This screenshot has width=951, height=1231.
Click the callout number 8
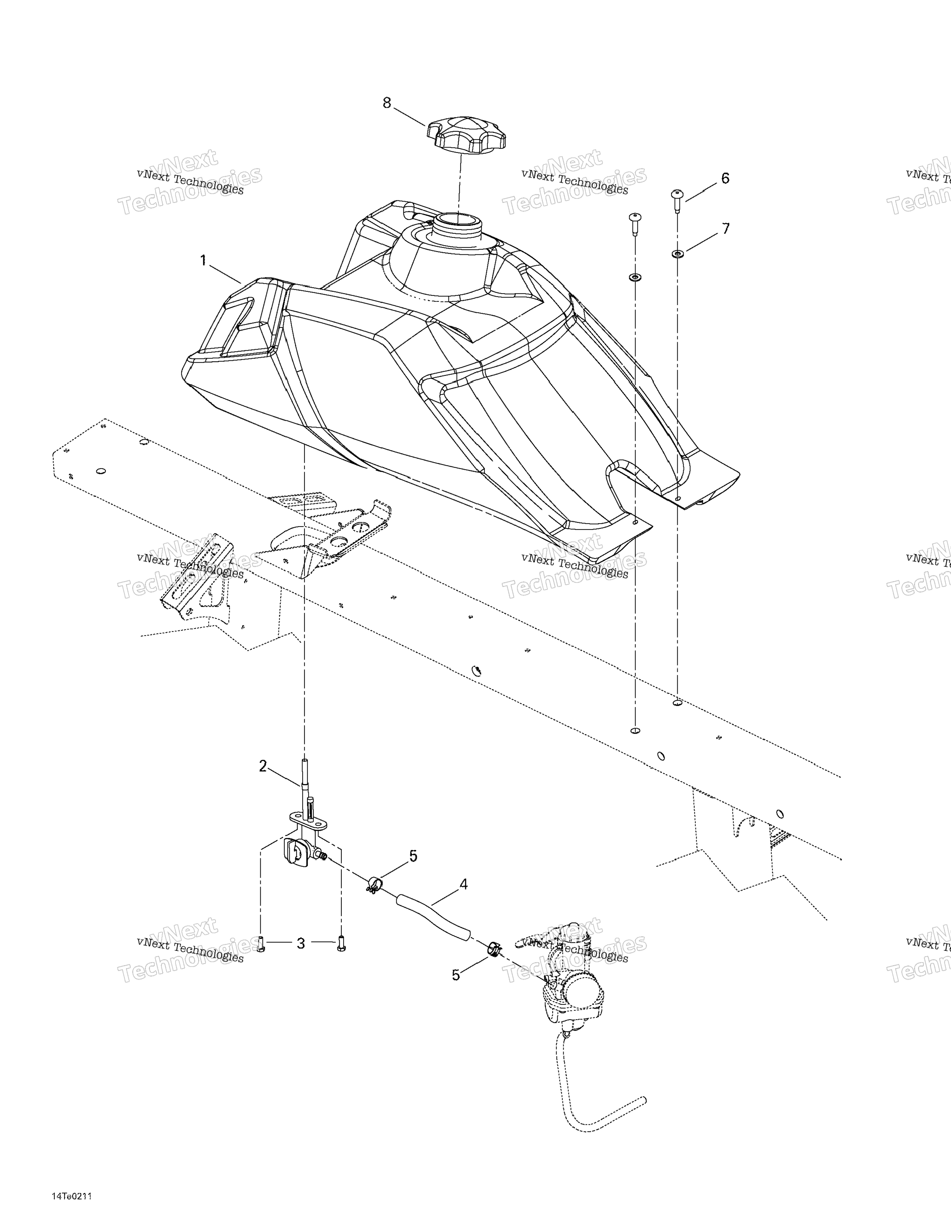(387, 103)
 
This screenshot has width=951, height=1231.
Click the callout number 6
(725, 179)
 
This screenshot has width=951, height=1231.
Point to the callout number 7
(725, 229)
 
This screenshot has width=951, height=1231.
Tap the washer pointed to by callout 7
(677, 254)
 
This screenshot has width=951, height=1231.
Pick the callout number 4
(463, 884)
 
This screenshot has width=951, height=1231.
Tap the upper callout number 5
(413, 856)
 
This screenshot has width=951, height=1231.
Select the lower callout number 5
(456, 975)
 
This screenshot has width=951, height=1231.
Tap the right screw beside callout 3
(340, 944)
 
